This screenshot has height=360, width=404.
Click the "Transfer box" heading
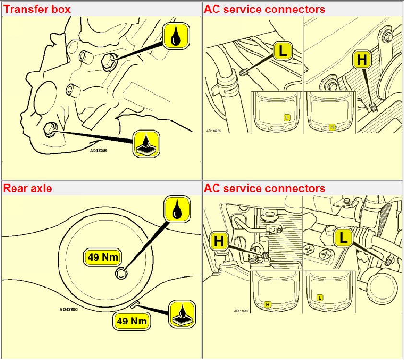pos(37,9)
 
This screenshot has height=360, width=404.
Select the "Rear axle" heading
pos(28,188)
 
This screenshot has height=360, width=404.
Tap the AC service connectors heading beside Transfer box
pos(264,9)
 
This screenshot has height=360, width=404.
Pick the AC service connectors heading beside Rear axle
pos(264,188)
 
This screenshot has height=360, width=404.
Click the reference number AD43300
pos(70,310)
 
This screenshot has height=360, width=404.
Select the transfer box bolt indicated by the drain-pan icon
pos(49,128)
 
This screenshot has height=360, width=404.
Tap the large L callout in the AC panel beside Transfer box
pos(283,51)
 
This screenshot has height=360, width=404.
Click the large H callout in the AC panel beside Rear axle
pos(219,241)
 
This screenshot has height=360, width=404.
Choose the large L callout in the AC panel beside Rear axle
pos(344,237)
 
